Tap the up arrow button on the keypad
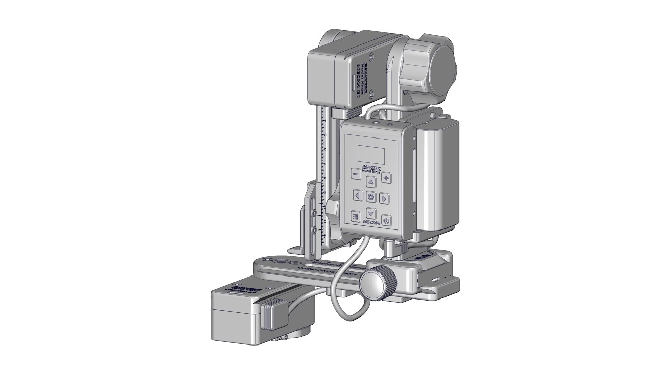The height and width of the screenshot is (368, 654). pyautogui.click(x=371, y=181)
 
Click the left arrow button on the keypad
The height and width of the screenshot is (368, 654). pyautogui.click(x=357, y=196)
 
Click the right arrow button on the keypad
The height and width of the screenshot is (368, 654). pyautogui.click(x=385, y=198)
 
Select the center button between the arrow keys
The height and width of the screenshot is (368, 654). pyautogui.click(x=371, y=197)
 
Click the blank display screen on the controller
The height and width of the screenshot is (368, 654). pyautogui.click(x=370, y=153)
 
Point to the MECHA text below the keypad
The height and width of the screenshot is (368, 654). pyautogui.click(x=371, y=223)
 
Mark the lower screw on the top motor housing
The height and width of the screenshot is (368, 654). pyautogui.click(x=372, y=93)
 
